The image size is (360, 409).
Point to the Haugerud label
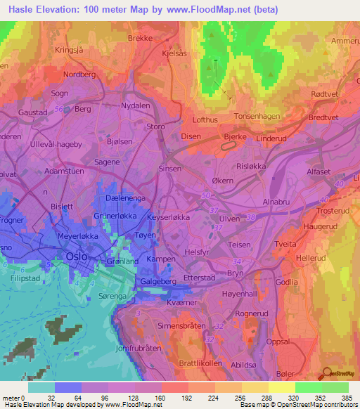(x=321, y=227)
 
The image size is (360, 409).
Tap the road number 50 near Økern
(x=206, y=195)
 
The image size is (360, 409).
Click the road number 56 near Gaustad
(x=59, y=109)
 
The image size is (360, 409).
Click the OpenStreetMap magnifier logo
(x=326, y=375)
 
